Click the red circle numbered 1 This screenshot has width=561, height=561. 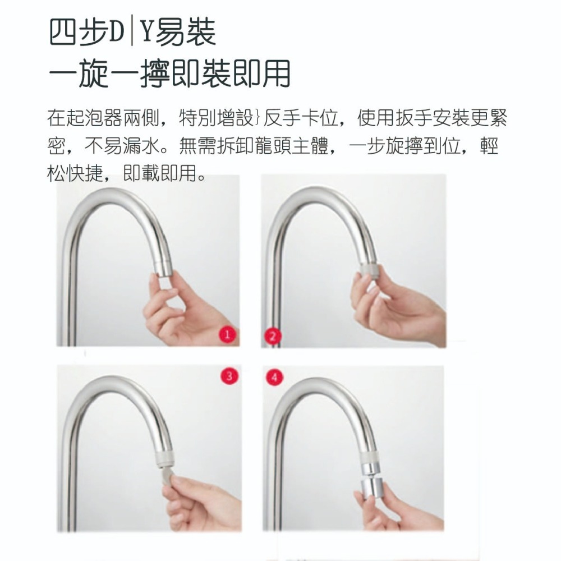(227, 335)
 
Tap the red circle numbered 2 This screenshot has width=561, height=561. (273, 336)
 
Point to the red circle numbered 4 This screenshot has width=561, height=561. (274, 377)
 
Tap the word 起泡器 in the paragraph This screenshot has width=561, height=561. (97, 119)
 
